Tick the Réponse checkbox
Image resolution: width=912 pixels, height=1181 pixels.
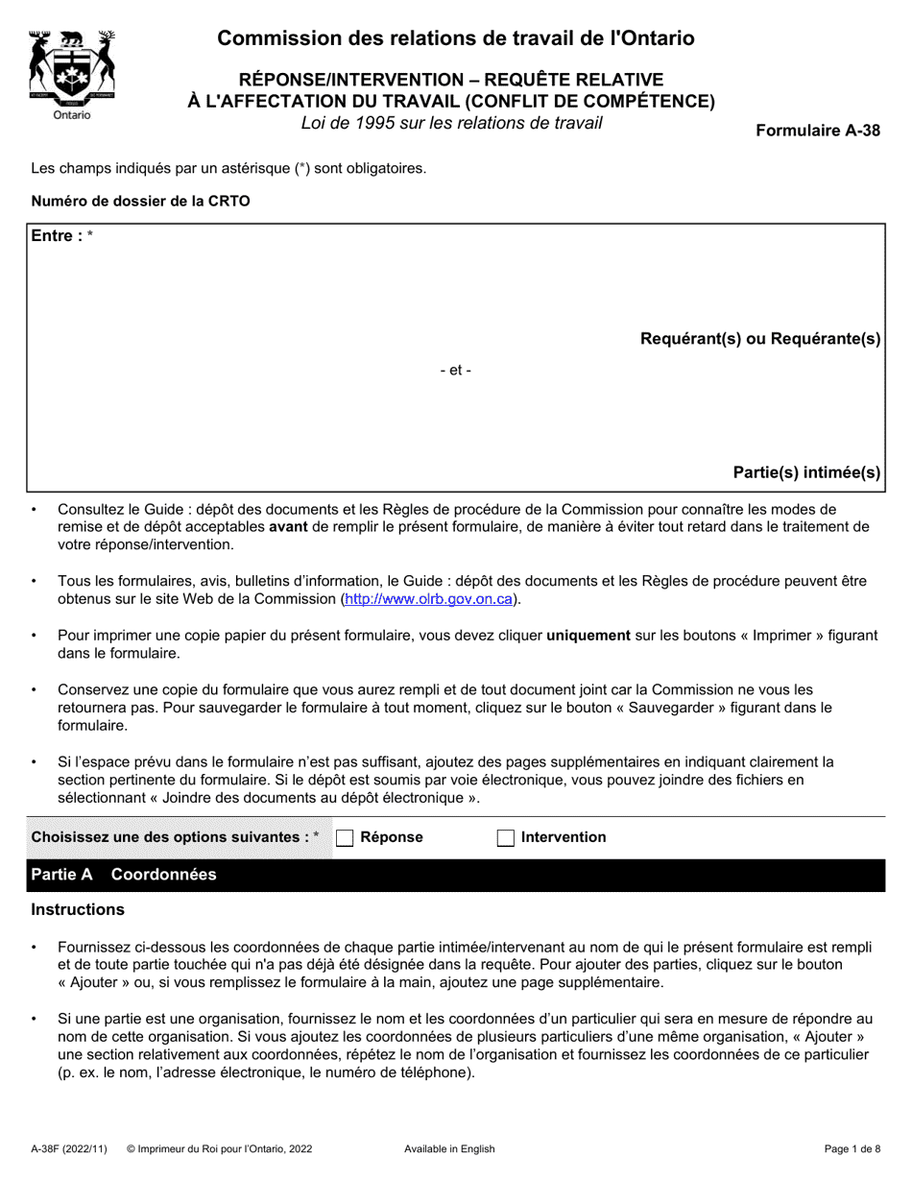pyautogui.click(x=346, y=837)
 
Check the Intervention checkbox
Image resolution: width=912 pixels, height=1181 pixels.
pyautogui.click(x=506, y=837)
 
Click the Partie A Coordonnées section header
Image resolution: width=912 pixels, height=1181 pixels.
pyautogui.click(x=125, y=875)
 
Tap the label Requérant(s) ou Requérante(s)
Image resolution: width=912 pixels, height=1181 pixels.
pyautogui.click(x=760, y=338)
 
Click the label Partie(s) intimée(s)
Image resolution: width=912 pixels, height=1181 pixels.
pyautogui.click(x=806, y=471)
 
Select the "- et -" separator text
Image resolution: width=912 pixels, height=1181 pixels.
pyautogui.click(x=455, y=371)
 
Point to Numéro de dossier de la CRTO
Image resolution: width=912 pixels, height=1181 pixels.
pyautogui.click(x=140, y=202)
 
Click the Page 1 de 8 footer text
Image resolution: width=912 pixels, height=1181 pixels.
pyautogui.click(x=852, y=1148)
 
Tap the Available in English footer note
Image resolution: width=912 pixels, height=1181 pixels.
pyautogui.click(x=449, y=1148)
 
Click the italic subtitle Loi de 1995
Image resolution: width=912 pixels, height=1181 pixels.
pyautogui.click(x=451, y=123)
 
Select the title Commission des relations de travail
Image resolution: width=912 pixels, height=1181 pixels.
pyautogui.click(x=456, y=38)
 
